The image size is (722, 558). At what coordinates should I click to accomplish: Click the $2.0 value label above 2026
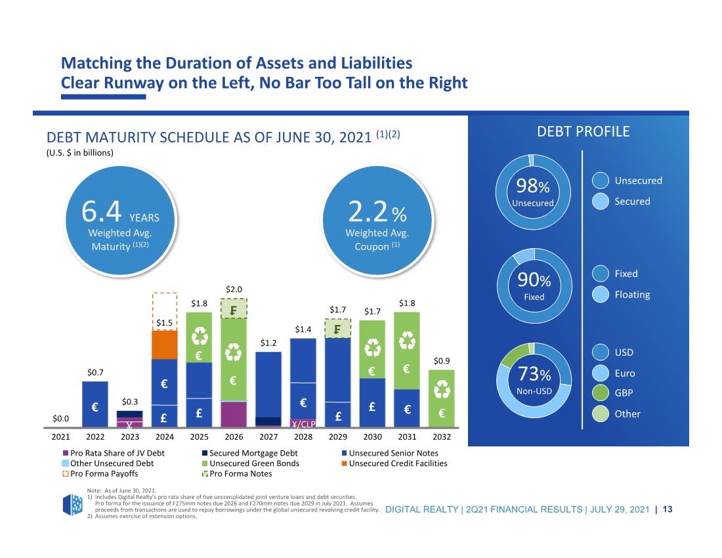tap(234, 289)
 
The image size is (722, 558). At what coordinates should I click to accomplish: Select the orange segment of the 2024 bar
tap(164, 345)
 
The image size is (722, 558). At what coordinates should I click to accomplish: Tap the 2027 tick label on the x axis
tap(268, 437)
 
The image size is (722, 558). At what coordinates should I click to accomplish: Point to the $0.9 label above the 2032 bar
tap(442, 360)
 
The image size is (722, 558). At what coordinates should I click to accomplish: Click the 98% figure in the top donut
tap(533, 186)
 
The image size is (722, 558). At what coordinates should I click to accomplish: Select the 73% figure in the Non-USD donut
tap(534, 374)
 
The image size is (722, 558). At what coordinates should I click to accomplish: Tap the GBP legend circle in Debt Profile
tap(601, 393)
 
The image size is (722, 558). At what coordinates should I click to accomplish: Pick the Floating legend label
tap(632, 295)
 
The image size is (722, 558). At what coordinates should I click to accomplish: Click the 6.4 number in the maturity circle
tap(101, 211)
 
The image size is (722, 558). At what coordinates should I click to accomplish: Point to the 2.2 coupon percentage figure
tap(368, 212)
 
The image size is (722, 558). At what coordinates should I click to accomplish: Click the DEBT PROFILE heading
tap(584, 131)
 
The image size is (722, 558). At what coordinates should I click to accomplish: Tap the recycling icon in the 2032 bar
tap(442, 389)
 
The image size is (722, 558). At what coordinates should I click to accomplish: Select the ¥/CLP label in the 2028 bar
tap(303, 423)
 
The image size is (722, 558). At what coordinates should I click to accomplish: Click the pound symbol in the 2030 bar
tap(372, 406)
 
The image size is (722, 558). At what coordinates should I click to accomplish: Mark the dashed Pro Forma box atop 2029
tap(337, 329)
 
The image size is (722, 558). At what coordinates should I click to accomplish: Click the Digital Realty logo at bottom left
tap(72, 505)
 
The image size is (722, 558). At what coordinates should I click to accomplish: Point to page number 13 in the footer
tap(668, 509)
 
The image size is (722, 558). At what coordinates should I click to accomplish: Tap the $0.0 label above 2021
tap(61, 419)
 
